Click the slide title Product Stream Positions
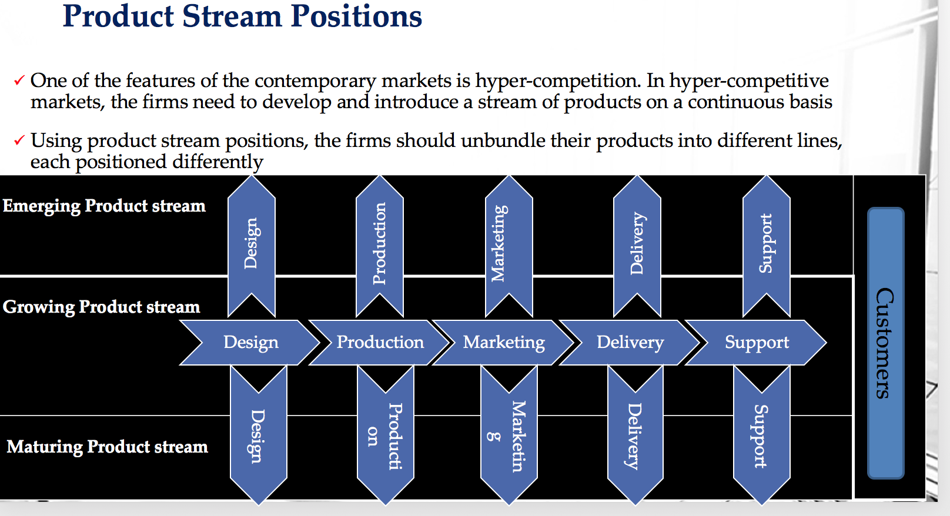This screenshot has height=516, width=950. (x=242, y=16)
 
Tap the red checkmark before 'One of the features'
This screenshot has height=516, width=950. (x=19, y=80)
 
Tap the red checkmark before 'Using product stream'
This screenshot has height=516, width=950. (x=19, y=140)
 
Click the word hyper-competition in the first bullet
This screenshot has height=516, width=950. (x=557, y=81)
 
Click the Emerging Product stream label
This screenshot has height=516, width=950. (x=104, y=206)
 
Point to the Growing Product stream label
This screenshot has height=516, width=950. (x=101, y=307)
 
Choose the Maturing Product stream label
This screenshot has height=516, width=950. (x=107, y=447)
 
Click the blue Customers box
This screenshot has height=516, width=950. (x=885, y=343)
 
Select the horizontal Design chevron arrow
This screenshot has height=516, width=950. (x=250, y=342)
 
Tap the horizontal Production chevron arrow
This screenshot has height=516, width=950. (x=380, y=342)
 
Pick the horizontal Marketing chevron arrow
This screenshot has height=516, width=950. (x=504, y=342)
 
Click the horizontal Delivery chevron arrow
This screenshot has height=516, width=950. (x=630, y=342)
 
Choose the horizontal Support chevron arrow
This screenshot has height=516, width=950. (x=757, y=342)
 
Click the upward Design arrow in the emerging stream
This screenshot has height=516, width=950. (x=251, y=244)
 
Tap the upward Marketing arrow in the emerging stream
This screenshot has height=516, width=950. (x=509, y=244)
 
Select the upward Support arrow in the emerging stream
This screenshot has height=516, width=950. (x=766, y=244)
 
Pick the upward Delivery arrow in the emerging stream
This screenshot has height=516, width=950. (x=637, y=244)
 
